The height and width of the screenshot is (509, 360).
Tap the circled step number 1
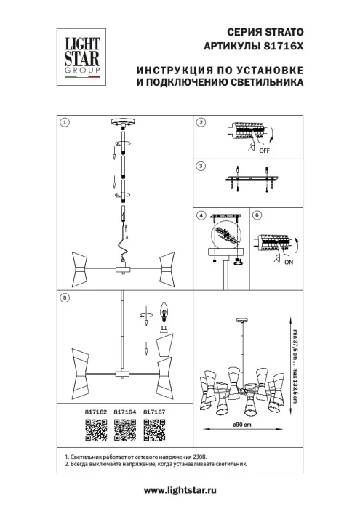[x=64, y=121]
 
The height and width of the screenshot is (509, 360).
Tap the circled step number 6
[x=255, y=216]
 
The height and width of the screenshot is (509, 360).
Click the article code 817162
[x=87, y=412]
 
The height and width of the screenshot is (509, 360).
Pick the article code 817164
[x=118, y=412]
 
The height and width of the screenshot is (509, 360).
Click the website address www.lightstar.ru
[x=180, y=491]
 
